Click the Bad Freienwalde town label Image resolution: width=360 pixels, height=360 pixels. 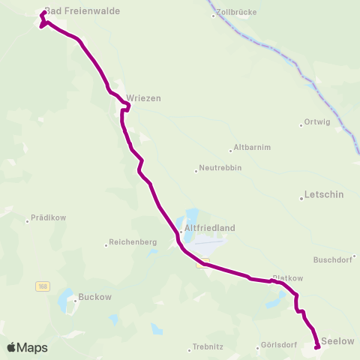pyautogui.click(x=82, y=11)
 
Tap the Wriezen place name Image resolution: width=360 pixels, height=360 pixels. pyautogui.click(x=144, y=98)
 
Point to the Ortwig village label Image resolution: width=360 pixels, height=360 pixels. pyautogui.click(x=316, y=122)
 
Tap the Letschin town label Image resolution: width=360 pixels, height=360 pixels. pyautogui.click(x=324, y=194)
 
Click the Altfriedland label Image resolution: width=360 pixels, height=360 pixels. pyautogui.click(x=209, y=228)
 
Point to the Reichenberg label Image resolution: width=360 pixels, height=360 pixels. pyautogui.click(x=133, y=242)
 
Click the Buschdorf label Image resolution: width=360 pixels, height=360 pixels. pyautogui.click(x=333, y=260)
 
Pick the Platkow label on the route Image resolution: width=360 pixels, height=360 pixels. pyautogui.click(x=287, y=277)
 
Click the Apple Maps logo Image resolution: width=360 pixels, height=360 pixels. pyautogui.click(x=27, y=347)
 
